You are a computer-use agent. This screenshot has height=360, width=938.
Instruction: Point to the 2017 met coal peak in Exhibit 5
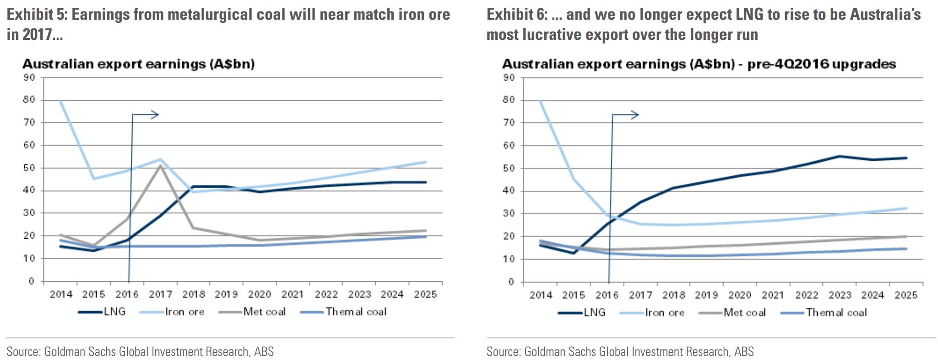tap(160, 165)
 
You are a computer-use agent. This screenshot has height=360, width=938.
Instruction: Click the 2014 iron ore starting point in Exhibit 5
tap(60, 101)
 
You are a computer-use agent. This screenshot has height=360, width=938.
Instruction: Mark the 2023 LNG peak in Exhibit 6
tap(840, 156)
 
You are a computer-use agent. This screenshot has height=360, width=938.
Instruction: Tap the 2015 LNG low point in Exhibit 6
tap(573, 253)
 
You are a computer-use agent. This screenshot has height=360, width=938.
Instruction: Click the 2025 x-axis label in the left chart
tap(425, 295)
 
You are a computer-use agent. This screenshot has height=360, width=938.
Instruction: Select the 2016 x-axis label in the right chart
tap(607, 295)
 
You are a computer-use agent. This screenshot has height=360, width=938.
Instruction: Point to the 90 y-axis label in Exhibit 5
tap(29, 77)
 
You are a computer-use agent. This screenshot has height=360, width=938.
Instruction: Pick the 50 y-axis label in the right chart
tap(509, 168)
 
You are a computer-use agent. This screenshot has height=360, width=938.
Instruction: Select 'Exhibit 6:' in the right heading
tap(517, 15)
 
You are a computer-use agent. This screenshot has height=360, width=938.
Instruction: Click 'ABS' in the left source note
tap(264, 351)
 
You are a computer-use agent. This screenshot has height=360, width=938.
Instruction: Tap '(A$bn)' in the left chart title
tap(232, 64)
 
